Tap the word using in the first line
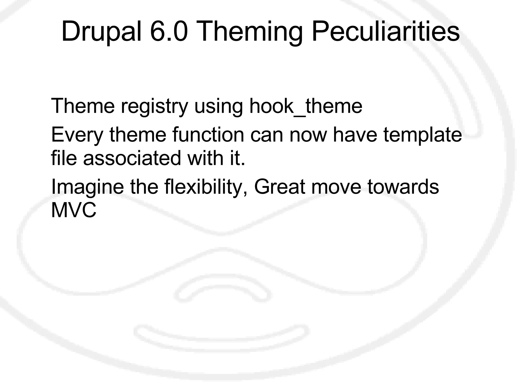(x=219, y=106)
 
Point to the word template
(x=423, y=135)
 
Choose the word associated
(x=132, y=158)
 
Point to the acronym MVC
(x=74, y=210)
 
